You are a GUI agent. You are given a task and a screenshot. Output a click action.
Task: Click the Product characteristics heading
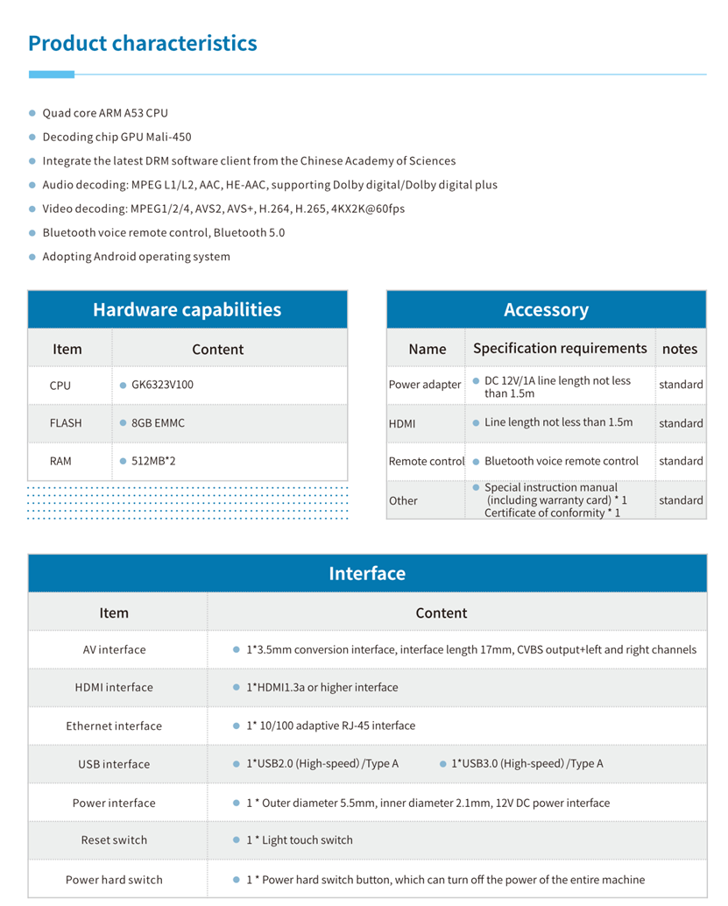[142, 44]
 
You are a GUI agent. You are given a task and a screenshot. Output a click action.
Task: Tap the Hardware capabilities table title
[187, 310]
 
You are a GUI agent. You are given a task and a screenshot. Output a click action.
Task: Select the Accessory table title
[546, 310]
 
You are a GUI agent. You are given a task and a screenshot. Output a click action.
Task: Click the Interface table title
[367, 574]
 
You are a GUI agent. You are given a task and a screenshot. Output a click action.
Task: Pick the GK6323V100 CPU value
[162, 385]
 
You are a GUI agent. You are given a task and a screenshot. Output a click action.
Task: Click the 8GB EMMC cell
[158, 423]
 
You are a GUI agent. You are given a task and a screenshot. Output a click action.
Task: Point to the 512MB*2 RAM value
[153, 461]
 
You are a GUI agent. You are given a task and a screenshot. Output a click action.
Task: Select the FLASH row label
[66, 423]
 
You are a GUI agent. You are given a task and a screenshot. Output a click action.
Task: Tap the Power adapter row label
[425, 385]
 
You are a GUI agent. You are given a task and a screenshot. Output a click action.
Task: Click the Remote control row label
[427, 461]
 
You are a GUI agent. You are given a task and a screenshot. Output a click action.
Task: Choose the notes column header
[680, 349]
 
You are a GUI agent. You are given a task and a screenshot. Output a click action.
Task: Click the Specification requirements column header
[560, 349]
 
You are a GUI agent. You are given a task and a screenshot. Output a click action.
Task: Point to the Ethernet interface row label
[114, 726]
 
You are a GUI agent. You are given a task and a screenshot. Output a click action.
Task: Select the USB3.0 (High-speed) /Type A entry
[527, 764]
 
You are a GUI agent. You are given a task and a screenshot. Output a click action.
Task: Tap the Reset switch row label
[114, 840]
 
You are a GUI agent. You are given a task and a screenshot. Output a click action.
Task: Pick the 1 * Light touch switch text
[299, 840]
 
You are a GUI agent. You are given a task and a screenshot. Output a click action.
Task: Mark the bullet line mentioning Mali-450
[117, 138]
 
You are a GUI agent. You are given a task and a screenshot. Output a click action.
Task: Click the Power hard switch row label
[114, 880]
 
